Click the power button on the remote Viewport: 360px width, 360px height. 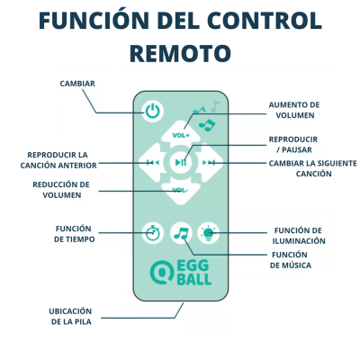tap(152, 112)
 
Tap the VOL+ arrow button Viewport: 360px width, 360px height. tap(181, 134)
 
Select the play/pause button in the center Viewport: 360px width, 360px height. tap(181, 162)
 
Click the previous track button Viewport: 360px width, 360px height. tap(152, 163)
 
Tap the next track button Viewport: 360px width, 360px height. tap(210, 163)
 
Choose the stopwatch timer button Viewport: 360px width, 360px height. tap(152, 233)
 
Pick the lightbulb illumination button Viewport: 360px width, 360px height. tap(209, 233)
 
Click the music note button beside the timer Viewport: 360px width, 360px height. tap(181, 233)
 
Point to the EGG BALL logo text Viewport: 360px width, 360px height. tap(194, 273)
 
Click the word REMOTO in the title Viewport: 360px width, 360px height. tap(180, 53)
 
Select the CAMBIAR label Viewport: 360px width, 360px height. tap(77, 84)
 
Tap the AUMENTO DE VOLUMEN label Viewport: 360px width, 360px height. tap(294, 110)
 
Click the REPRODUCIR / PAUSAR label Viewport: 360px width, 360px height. tap(293, 145)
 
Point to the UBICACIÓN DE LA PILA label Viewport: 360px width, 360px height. tap(70, 317)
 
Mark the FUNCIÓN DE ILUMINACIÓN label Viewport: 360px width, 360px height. tap(299, 236)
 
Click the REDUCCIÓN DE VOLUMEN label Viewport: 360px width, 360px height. tap(61, 190)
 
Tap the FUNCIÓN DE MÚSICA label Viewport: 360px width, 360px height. tap(290, 260)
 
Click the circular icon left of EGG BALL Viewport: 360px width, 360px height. tap(162, 273)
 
